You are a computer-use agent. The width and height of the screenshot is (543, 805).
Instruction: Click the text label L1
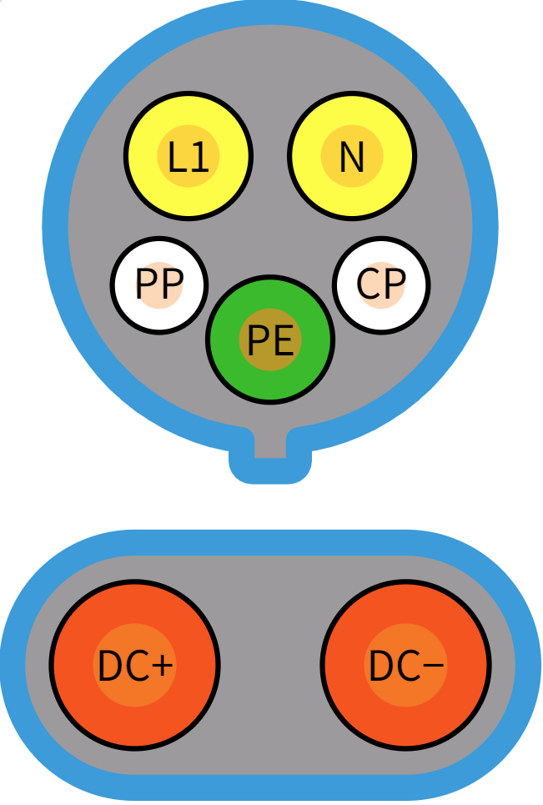[188, 157]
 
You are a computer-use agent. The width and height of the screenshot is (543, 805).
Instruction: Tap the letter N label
[352, 156]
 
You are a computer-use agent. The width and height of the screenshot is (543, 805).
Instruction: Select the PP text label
[158, 285]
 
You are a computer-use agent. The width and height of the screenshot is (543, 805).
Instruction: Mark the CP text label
[381, 285]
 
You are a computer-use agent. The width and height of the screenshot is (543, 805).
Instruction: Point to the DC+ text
[135, 666]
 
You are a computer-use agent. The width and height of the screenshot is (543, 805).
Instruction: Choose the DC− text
[406, 666]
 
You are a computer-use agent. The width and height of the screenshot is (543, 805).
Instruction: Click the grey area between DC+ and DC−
[270, 665]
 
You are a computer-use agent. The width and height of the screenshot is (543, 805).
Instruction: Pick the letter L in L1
[177, 157]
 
